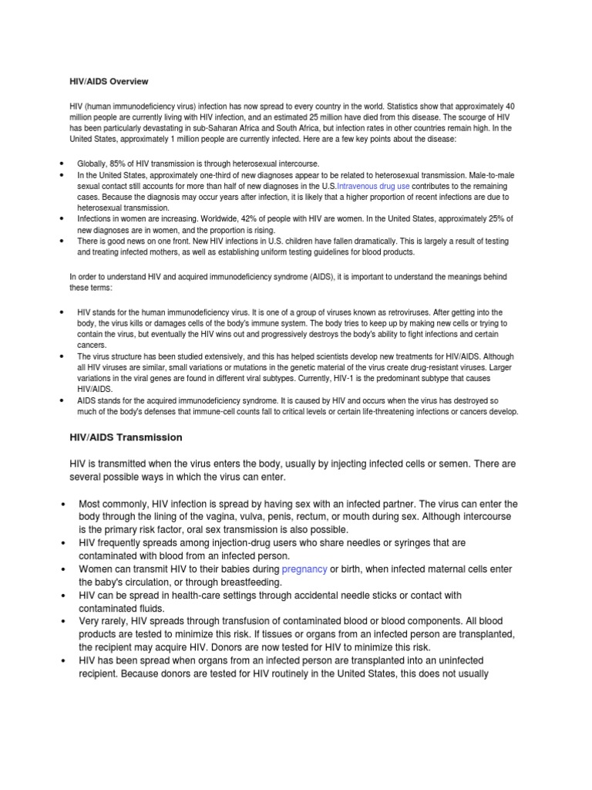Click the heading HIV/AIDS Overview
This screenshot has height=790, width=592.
click(x=109, y=81)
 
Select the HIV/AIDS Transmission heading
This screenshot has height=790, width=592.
click(x=126, y=437)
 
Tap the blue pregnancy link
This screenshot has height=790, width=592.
click(x=304, y=569)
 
